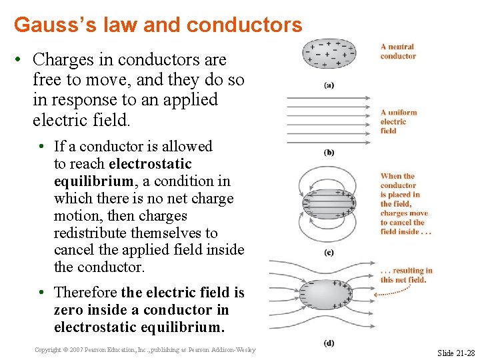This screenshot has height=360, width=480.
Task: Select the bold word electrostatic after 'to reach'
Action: [x=150, y=164]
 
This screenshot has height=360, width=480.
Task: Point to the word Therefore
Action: [x=86, y=293]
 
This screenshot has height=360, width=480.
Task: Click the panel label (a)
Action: [x=329, y=85]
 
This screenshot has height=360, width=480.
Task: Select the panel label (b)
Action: [x=329, y=152]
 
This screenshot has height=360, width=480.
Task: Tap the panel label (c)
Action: [x=329, y=253]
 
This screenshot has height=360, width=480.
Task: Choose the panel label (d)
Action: [x=329, y=343]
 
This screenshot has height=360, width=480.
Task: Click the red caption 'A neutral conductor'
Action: [x=398, y=51]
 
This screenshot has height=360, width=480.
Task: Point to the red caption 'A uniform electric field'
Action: [x=398, y=121]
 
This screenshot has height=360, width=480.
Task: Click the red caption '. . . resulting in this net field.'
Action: [x=406, y=275]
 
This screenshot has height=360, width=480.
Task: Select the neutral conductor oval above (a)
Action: [x=329, y=54]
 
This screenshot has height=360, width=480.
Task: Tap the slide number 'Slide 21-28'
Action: [x=456, y=352]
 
